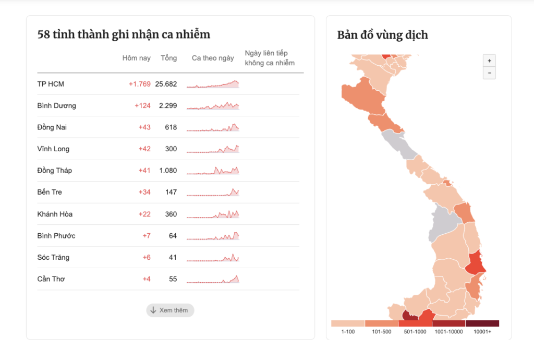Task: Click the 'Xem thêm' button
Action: [170, 310]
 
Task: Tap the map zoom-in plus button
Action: [489, 61]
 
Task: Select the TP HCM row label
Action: [51, 84]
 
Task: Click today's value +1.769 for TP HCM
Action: [139, 84]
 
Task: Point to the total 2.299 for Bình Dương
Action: [168, 106]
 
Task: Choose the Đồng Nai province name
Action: [52, 127]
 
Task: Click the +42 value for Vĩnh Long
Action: [144, 149]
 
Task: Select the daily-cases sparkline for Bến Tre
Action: [213, 192]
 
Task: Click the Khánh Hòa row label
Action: [55, 214]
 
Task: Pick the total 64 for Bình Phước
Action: [173, 236]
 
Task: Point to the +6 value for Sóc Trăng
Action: [147, 258]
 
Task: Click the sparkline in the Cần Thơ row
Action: [213, 279]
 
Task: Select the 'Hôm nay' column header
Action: [136, 58]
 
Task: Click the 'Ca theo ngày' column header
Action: [213, 58]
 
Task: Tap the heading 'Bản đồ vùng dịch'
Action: [383, 35]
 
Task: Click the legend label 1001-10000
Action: [448, 332]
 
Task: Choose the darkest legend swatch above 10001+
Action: [482, 323]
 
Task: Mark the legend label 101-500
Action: [381, 332]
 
